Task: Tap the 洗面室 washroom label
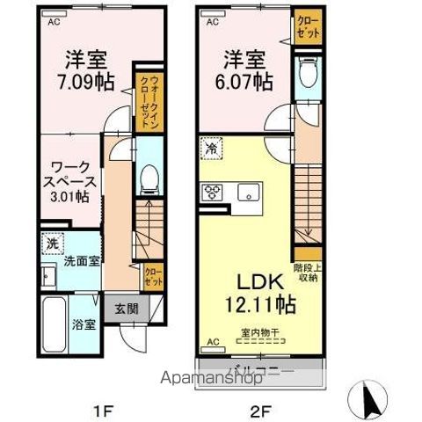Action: point(78,262)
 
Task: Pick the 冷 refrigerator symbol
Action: point(211,149)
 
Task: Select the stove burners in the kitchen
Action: point(214,192)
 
